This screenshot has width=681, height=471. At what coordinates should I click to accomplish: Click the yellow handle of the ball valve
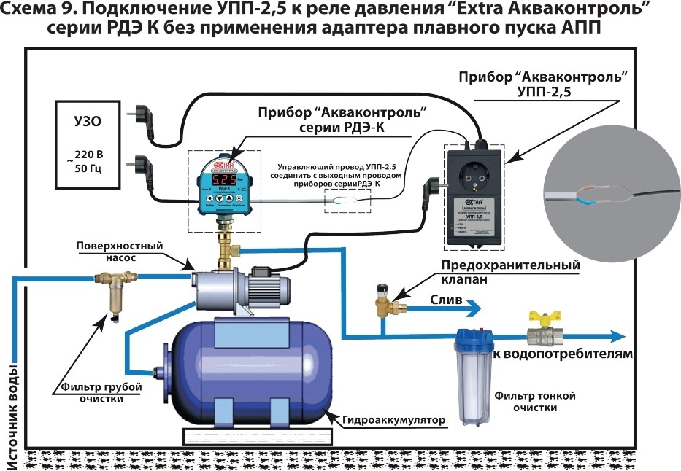[542, 319]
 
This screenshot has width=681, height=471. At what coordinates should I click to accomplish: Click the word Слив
[443, 300]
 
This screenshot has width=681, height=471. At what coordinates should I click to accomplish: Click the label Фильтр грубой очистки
[91, 392]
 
